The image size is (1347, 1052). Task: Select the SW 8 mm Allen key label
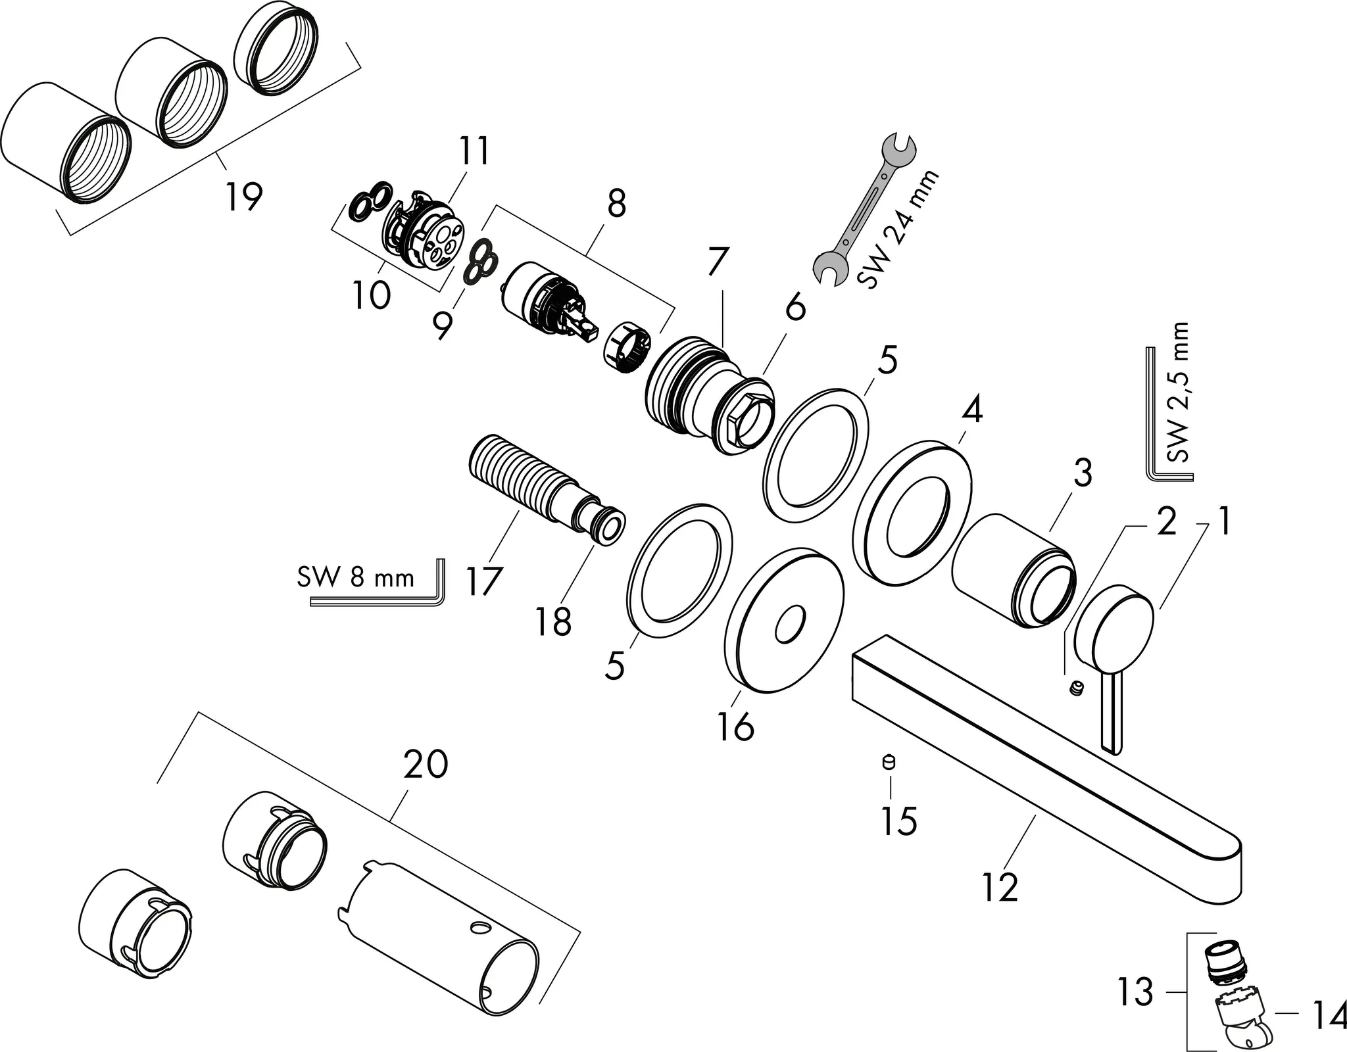[x=356, y=578]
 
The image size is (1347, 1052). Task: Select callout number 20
[x=426, y=765]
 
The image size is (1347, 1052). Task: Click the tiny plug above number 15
[x=889, y=761]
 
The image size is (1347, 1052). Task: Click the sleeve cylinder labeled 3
[x=1013, y=570]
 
